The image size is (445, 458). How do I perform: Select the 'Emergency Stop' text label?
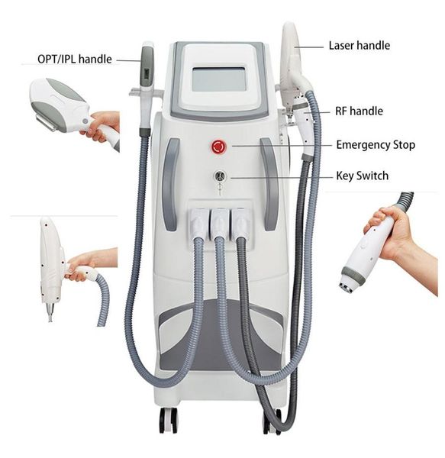pos(376,145)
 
